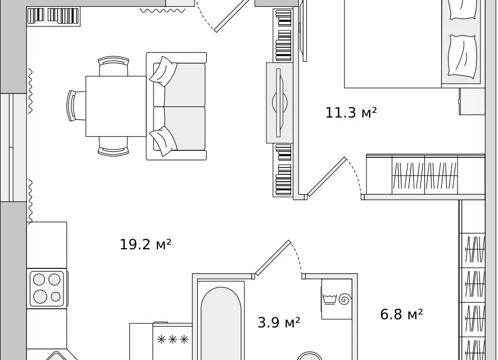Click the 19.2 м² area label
tap(146, 244)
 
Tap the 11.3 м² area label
tap(351, 112)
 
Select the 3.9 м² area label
tap(279, 322)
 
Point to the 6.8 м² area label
tap(401, 314)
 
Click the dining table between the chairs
tap(116, 106)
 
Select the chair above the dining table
tap(114, 66)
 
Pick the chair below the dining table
tap(114, 146)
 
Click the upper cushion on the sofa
tap(163, 71)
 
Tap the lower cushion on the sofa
tap(163, 141)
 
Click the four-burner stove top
tap(47, 288)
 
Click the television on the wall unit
tap(279, 102)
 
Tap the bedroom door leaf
tap(327, 177)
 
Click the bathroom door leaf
tap(273, 258)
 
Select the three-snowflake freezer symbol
tap(173, 340)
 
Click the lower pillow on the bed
tap(463, 56)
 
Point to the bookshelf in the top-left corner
tap(53, 16)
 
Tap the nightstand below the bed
tap(472, 101)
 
